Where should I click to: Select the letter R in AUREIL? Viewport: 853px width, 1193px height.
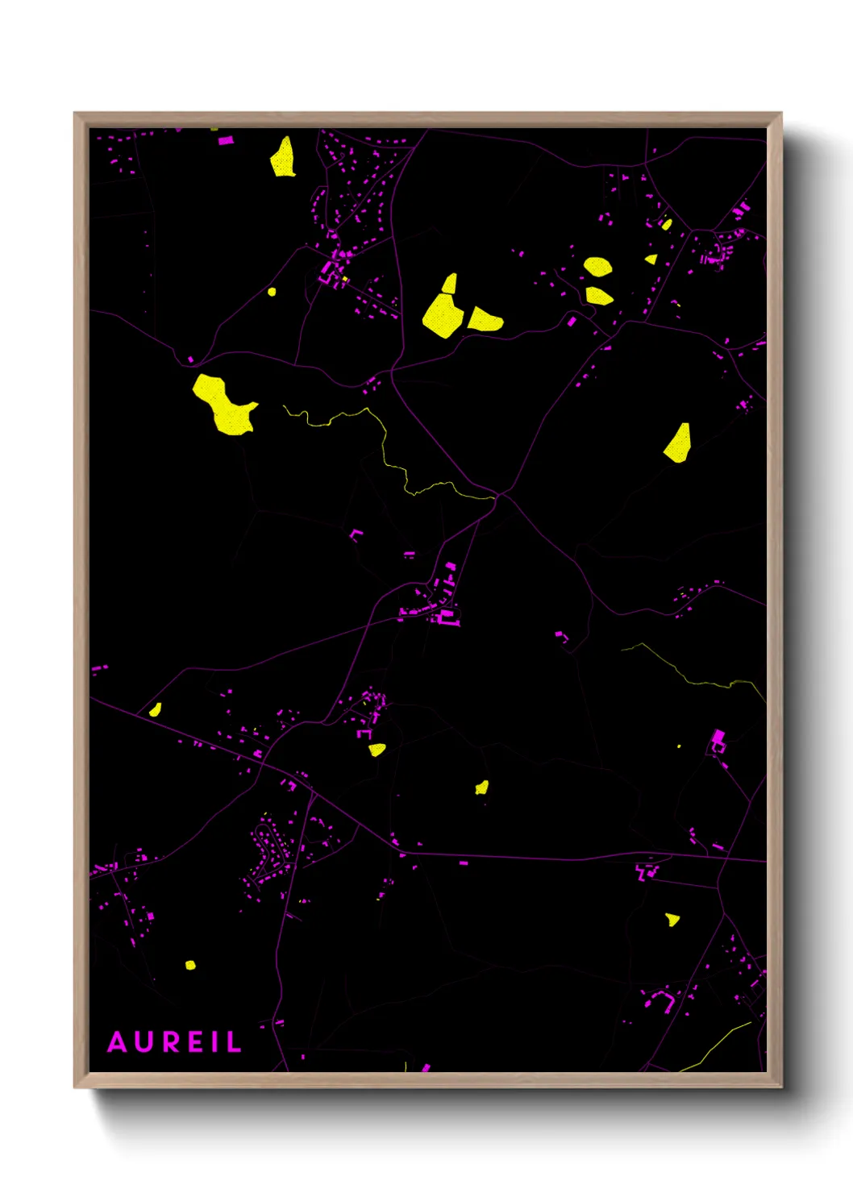(171, 1042)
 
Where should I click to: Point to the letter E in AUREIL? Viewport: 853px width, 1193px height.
(197, 1042)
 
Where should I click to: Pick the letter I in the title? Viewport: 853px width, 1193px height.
(215, 1042)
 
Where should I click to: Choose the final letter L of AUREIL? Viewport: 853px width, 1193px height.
(234, 1042)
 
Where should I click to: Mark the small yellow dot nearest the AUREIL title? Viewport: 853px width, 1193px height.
(190, 965)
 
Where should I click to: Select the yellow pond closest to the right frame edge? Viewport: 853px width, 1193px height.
(679, 444)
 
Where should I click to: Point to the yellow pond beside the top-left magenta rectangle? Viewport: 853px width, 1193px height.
(282, 158)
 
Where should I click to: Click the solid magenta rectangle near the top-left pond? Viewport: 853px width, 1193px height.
(226, 141)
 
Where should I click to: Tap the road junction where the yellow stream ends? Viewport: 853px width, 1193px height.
(498, 495)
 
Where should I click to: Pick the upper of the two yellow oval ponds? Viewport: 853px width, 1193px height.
(597, 267)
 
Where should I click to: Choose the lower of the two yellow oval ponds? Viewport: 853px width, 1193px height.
(599, 296)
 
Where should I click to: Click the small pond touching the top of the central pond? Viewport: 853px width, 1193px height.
(450, 283)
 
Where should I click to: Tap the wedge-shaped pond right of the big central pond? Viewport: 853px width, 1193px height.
(485, 320)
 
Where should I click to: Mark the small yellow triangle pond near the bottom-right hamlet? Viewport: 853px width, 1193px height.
(672, 919)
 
